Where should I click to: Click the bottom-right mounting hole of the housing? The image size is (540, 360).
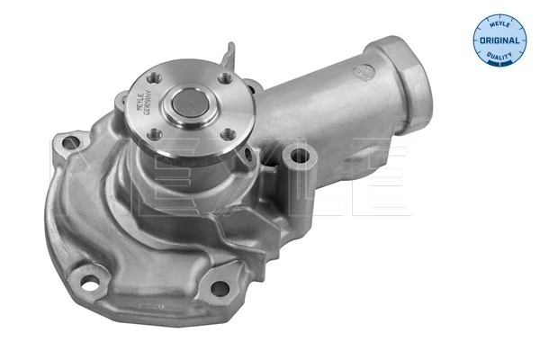tap(217, 288)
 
